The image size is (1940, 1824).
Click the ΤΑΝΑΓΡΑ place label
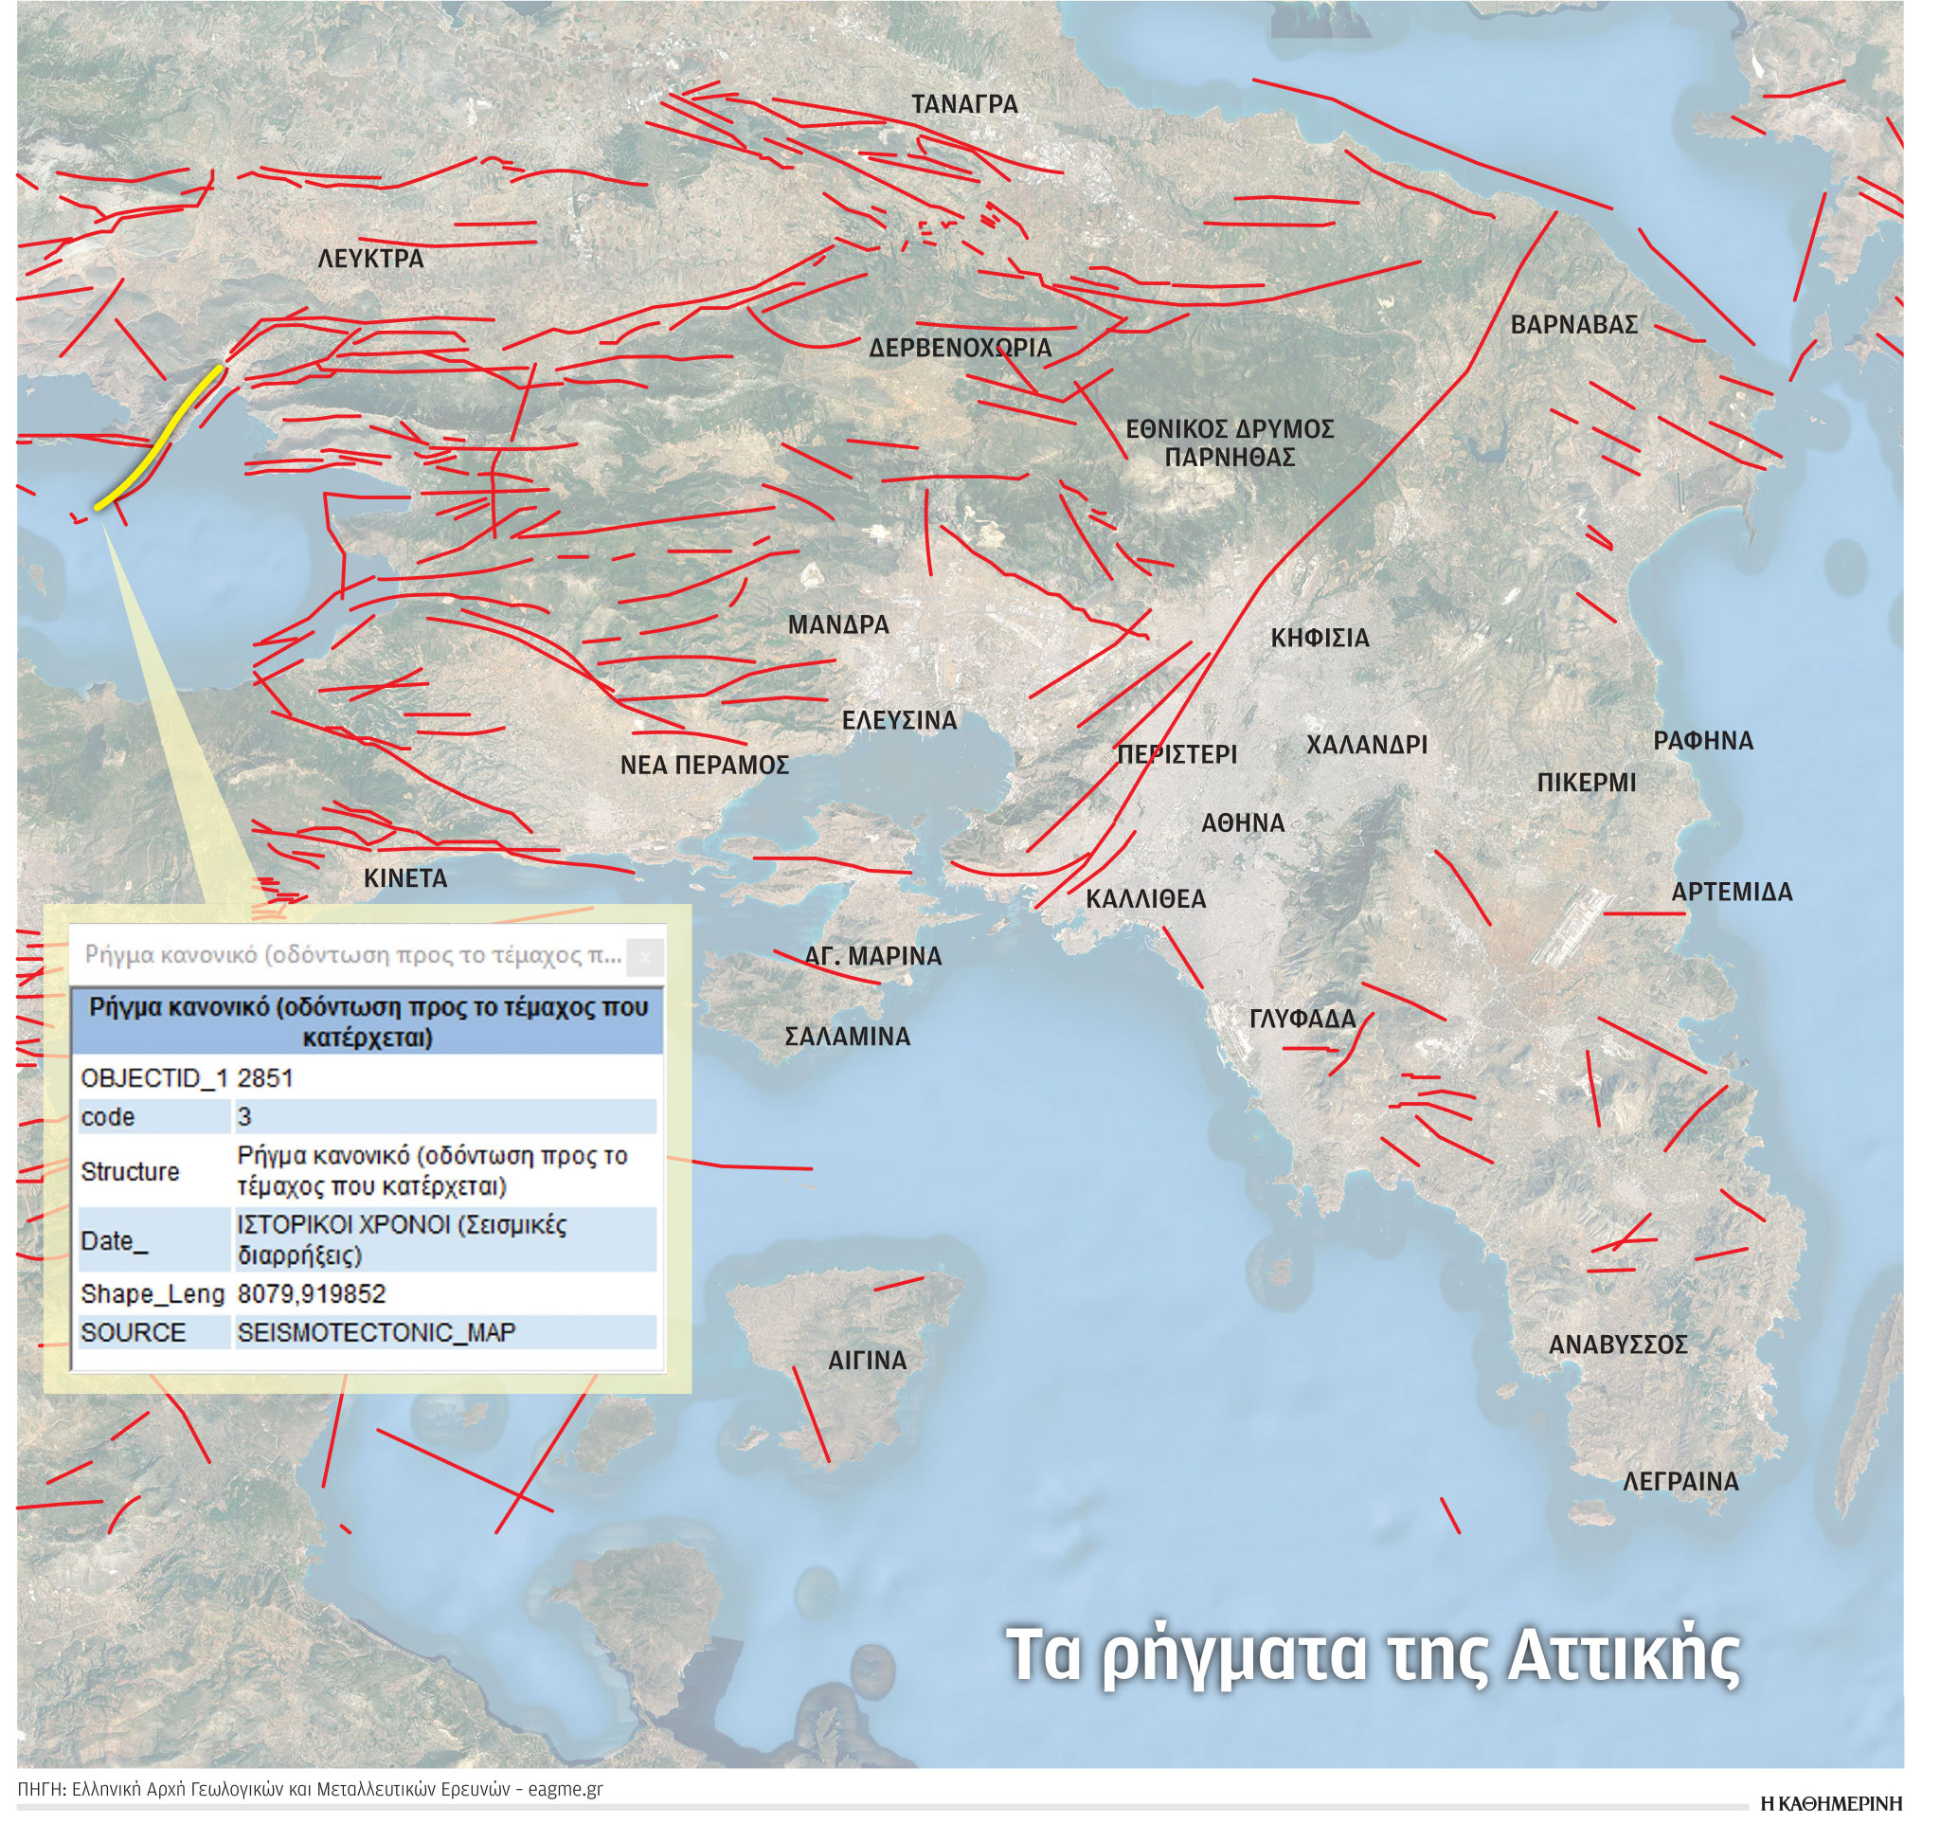[x=964, y=104]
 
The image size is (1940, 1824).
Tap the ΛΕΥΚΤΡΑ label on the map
[x=370, y=260]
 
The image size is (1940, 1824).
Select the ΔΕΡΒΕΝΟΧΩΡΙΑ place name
[x=961, y=349]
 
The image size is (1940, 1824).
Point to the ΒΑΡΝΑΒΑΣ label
[x=1574, y=325]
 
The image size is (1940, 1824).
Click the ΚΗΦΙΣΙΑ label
[x=1320, y=640]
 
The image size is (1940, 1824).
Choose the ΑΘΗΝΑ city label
[x=1242, y=823]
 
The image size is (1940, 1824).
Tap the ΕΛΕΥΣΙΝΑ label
[x=899, y=721]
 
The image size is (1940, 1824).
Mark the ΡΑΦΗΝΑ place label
[x=1703, y=742]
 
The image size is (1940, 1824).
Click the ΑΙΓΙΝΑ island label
[x=868, y=1361]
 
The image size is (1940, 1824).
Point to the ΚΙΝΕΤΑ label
[x=405, y=879]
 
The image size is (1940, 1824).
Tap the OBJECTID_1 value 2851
[x=265, y=1078]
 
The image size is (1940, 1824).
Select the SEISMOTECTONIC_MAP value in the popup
[x=376, y=1333]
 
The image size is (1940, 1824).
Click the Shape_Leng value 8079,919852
[x=312, y=1295]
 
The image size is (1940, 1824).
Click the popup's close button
[x=644, y=957]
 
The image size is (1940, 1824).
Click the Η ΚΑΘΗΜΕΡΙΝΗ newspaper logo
[x=1831, y=1803]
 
